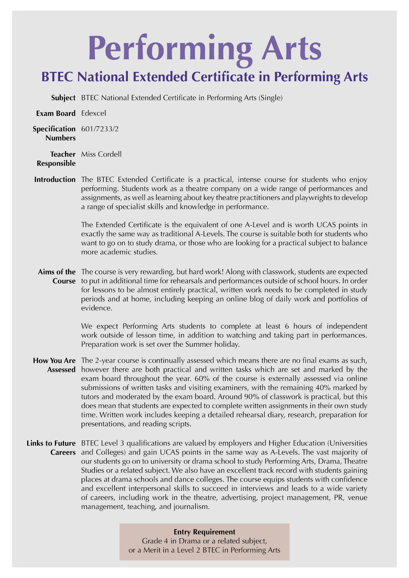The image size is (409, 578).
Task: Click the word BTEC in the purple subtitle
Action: (57, 77)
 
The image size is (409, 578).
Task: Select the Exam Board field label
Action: (56, 113)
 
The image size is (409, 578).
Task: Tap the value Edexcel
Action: (94, 113)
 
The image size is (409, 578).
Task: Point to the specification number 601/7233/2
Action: (100, 129)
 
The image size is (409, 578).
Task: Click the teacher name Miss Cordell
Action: (101, 154)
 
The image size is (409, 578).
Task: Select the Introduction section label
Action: (55, 179)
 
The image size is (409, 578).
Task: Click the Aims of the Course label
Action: (57, 276)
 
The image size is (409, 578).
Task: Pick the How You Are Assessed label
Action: (54, 365)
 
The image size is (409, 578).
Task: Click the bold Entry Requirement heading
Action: (204, 532)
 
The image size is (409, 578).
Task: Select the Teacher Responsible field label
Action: (56, 159)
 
